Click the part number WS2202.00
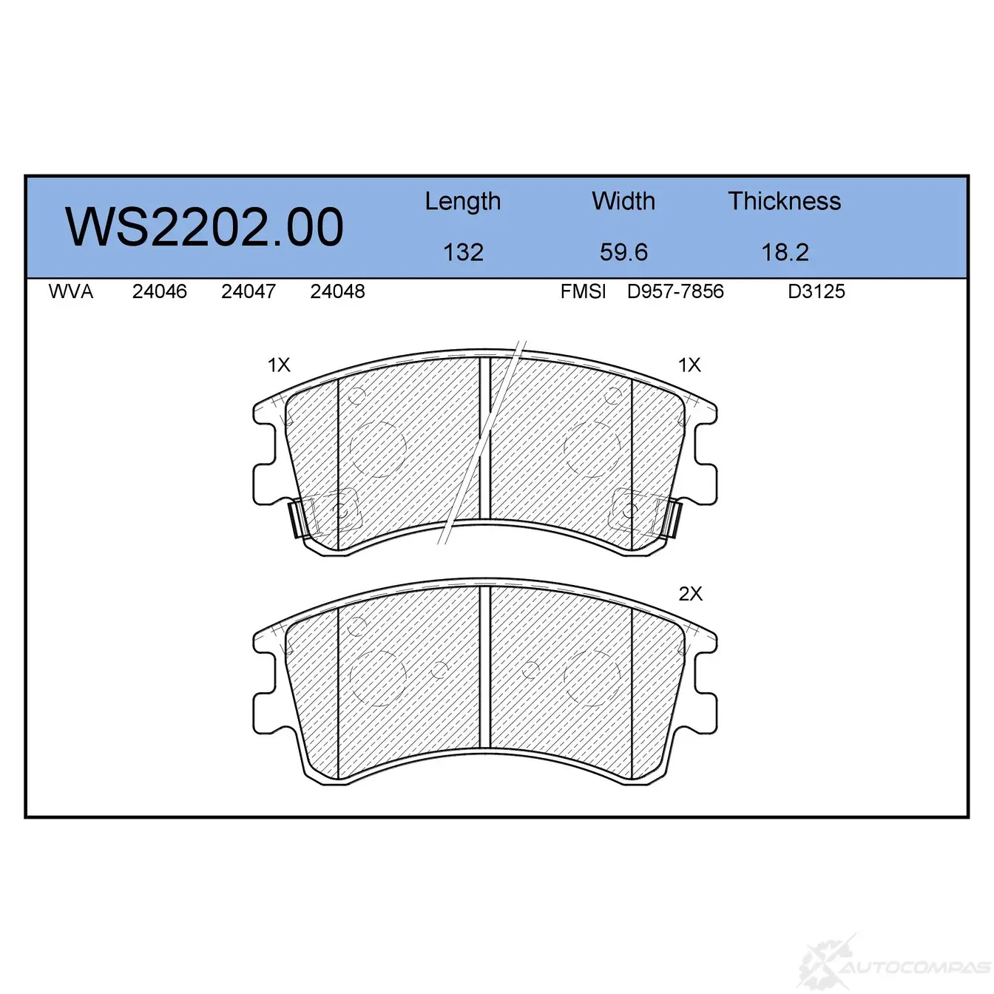(x=204, y=226)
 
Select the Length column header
(x=463, y=202)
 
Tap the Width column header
(x=623, y=200)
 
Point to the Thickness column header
(x=784, y=200)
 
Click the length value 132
(x=463, y=252)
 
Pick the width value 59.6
(x=623, y=252)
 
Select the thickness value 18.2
(x=785, y=252)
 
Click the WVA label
(x=71, y=291)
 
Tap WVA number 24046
(x=160, y=291)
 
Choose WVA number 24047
(x=248, y=291)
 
